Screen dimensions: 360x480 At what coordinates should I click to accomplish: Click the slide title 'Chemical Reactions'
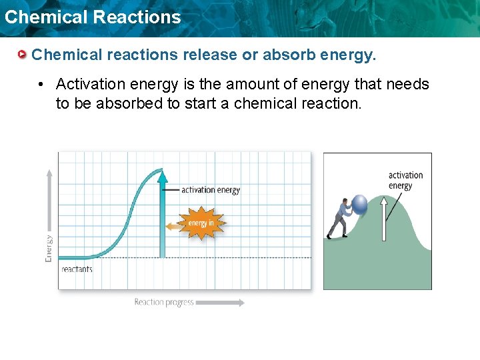point(92,17)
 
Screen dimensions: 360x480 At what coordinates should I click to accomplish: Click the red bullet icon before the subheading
point(23,55)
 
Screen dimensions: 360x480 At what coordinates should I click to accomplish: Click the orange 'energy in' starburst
point(199,223)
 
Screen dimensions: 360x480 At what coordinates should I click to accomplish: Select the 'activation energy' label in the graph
point(211,190)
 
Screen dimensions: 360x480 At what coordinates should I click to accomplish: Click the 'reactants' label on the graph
point(77,269)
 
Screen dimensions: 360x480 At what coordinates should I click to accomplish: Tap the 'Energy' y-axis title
point(49,248)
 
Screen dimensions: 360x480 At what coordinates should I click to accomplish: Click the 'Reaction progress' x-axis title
point(164,303)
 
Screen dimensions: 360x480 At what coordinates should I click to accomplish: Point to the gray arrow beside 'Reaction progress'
point(221,303)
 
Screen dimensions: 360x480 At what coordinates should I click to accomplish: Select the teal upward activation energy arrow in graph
point(161,213)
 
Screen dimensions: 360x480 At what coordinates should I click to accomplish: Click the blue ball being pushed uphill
point(360,204)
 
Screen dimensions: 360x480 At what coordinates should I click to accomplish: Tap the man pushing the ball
point(341,220)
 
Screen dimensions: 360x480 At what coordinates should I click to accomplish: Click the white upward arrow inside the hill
point(384,217)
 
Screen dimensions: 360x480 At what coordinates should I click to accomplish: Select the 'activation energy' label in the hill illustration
point(405,181)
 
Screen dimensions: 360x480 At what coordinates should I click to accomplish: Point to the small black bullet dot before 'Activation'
point(41,85)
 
